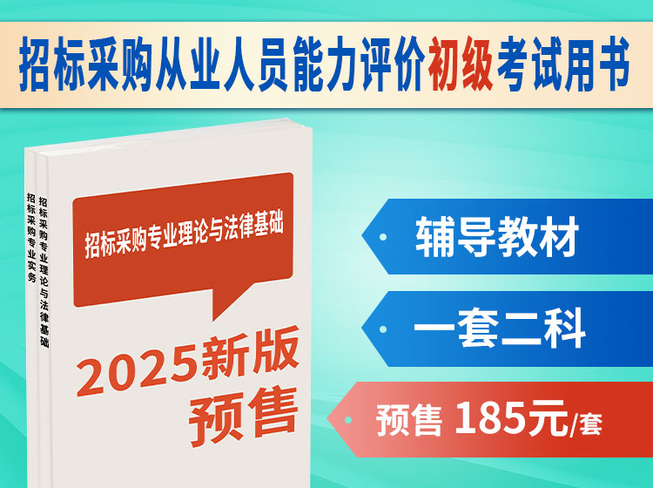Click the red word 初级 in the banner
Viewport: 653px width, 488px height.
(461, 64)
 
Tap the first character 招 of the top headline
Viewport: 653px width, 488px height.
(35, 64)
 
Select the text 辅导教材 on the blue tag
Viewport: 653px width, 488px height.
(497, 236)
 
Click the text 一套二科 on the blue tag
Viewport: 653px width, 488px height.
(500, 329)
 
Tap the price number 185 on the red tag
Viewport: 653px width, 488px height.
(489, 417)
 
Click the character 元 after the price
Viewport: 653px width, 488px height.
(548, 419)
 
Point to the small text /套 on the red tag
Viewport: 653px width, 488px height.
(586, 424)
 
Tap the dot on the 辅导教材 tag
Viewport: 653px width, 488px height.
(383, 237)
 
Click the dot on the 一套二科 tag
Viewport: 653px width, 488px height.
(383, 329)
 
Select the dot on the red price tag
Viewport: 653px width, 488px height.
(348, 420)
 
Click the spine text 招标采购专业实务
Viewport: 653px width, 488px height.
(31, 237)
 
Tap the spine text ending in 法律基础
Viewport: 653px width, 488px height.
(44, 272)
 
